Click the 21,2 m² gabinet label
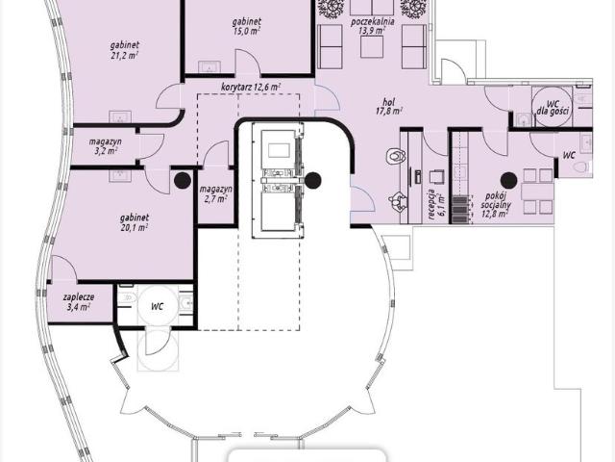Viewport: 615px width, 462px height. [124, 50]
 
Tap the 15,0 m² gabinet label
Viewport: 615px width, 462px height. [246, 26]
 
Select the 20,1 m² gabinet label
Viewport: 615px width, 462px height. [135, 222]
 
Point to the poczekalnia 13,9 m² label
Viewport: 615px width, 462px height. [373, 26]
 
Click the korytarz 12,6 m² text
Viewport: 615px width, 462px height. [251, 87]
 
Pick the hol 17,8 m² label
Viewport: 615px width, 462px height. [388, 107]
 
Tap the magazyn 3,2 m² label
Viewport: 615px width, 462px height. [105, 145]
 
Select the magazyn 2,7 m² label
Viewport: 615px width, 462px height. [215, 194]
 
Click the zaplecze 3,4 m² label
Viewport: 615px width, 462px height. [79, 301]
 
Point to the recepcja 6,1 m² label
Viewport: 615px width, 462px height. [435, 204]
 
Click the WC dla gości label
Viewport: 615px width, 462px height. [553, 107]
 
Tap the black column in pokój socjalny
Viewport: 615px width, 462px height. [508, 180]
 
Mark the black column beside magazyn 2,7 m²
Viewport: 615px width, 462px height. [183, 180]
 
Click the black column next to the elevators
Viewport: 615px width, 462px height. [312, 180]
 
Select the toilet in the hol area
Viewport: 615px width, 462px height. [395, 156]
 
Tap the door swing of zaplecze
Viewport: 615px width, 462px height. [63, 268]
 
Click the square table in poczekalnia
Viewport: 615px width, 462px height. [372, 47]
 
